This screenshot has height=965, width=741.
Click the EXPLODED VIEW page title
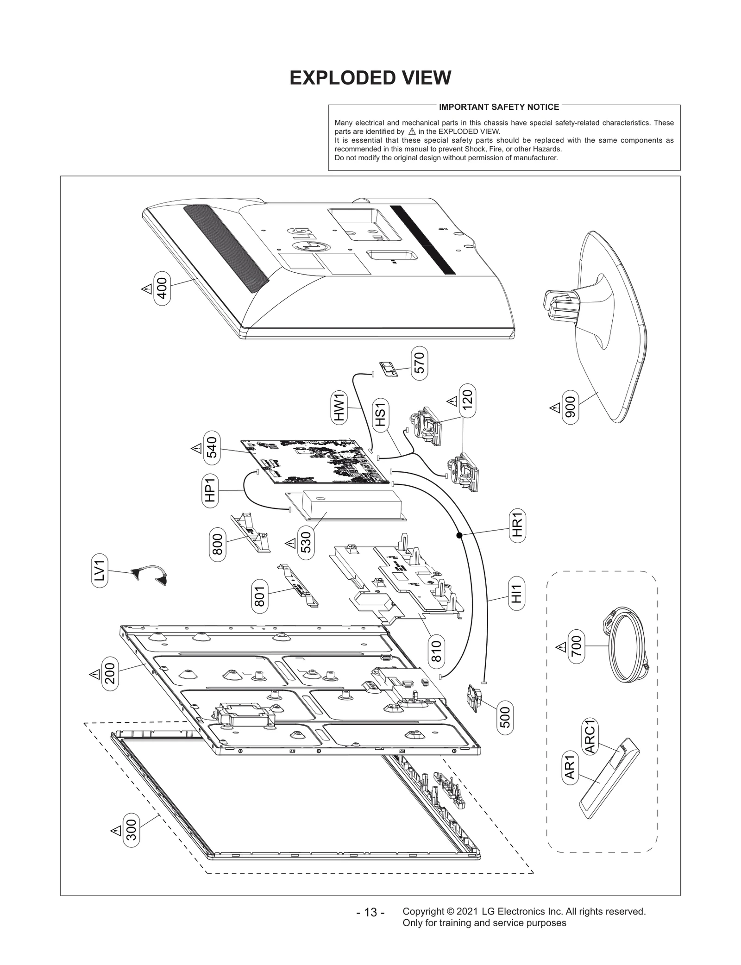point(370,78)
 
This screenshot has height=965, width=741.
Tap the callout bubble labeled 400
point(162,288)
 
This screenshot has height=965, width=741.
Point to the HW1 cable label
point(340,407)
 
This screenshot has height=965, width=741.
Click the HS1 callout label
point(380,414)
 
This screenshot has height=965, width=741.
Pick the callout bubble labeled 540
point(212,448)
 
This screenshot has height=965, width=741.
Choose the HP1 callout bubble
point(210,491)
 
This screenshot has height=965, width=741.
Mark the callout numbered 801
point(259,596)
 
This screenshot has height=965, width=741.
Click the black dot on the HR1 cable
point(459,535)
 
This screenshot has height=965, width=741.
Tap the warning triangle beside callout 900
point(555,407)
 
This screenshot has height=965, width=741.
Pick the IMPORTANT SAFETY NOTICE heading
point(499,107)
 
